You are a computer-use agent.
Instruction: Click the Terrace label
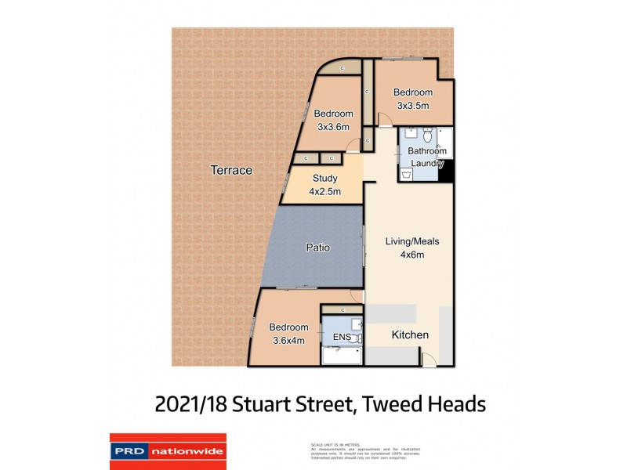coord(231,170)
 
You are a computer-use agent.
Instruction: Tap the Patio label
coord(317,248)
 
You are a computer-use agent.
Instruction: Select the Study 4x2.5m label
coord(324,184)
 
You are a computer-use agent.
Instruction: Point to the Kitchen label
coord(410,335)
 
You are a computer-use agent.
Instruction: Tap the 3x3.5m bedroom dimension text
coord(413,106)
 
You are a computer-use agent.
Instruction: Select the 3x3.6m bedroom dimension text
coord(333,126)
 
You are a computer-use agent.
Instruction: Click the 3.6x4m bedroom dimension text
coord(288,340)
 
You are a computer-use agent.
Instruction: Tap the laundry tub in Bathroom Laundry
coord(406,176)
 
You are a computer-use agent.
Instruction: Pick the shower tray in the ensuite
coord(342,356)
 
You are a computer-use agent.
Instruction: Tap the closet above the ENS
coord(342,310)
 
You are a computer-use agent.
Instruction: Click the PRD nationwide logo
coord(168,451)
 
